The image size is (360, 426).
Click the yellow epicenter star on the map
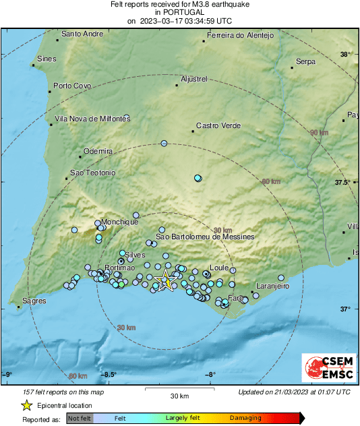pos(164,280)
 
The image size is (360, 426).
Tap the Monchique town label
pos(120,222)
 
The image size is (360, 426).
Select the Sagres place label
pos(34,301)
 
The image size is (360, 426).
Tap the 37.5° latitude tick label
pos(345,183)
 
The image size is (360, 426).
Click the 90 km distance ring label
pos(319,133)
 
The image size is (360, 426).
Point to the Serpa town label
pos(305,61)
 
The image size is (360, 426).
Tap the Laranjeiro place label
pos(272,286)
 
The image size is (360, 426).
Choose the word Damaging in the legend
pos(245,418)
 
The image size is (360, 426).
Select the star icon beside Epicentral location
pos(26,405)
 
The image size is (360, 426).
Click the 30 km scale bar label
pos(179,396)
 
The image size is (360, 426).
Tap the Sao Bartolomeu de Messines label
pos(205,237)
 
